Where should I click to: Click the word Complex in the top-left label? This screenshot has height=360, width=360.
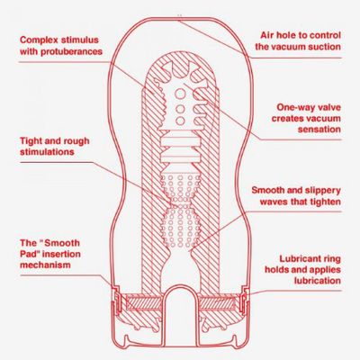tap(38, 40)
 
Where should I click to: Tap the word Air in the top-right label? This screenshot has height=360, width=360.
tap(266, 35)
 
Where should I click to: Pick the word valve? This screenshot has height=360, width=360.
tap(329, 107)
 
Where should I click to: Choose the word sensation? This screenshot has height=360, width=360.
tap(319, 130)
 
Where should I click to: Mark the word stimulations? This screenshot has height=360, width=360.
tap(47, 151)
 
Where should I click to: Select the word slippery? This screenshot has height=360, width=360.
tap(323, 191)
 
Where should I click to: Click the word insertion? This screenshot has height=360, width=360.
tap(61, 254)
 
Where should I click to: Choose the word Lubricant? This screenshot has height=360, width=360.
tap(296, 258)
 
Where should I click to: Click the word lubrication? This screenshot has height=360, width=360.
tap(318, 281)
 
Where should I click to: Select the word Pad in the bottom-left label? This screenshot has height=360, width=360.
tap(29, 254)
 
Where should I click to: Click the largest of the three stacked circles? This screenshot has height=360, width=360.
tap(180, 94)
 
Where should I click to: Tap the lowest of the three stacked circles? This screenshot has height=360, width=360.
tap(180, 121)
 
